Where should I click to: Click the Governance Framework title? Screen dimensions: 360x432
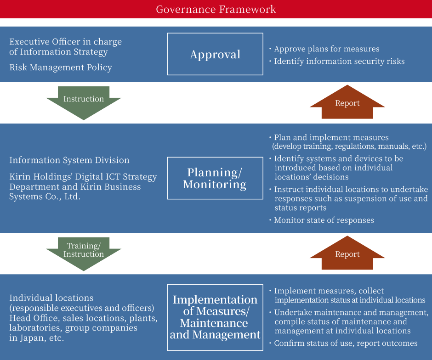[216, 9]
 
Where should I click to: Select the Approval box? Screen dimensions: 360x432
[215, 54]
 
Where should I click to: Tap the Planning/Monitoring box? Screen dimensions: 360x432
[215, 178]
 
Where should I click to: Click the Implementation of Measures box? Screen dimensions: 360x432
[215, 317]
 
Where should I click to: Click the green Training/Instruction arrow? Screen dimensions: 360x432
[84, 253]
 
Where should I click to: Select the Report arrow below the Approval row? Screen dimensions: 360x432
[347, 102]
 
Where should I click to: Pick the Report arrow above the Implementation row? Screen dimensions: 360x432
[347, 253]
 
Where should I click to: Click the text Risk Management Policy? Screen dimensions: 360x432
[61, 67]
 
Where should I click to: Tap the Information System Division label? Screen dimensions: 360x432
[69, 160]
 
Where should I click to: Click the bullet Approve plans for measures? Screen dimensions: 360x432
[327, 49]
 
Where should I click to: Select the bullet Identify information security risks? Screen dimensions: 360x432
[339, 61]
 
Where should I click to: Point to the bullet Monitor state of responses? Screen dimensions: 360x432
[324, 220]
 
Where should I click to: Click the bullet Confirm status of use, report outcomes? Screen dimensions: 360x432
[346, 343]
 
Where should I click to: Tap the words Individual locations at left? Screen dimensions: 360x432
[51, 298]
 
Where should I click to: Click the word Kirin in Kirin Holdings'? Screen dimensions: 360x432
[20, 177]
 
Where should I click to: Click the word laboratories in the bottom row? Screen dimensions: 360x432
[34, 328]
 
